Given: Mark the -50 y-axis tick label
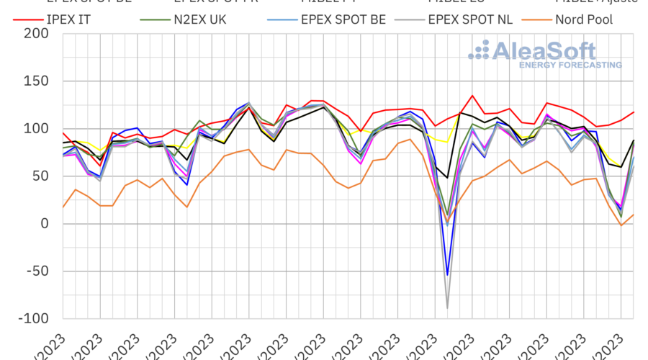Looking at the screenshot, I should click(x=37, y=271).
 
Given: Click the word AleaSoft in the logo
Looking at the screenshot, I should click(x=544, y=50).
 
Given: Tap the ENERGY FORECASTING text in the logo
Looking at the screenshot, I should click(x=570, y=65).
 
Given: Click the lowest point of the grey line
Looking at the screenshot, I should click(x=448, y=308).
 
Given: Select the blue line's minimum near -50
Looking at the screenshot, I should click(x=448, y=274).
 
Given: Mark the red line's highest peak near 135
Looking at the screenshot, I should click(x=472, y=96).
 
